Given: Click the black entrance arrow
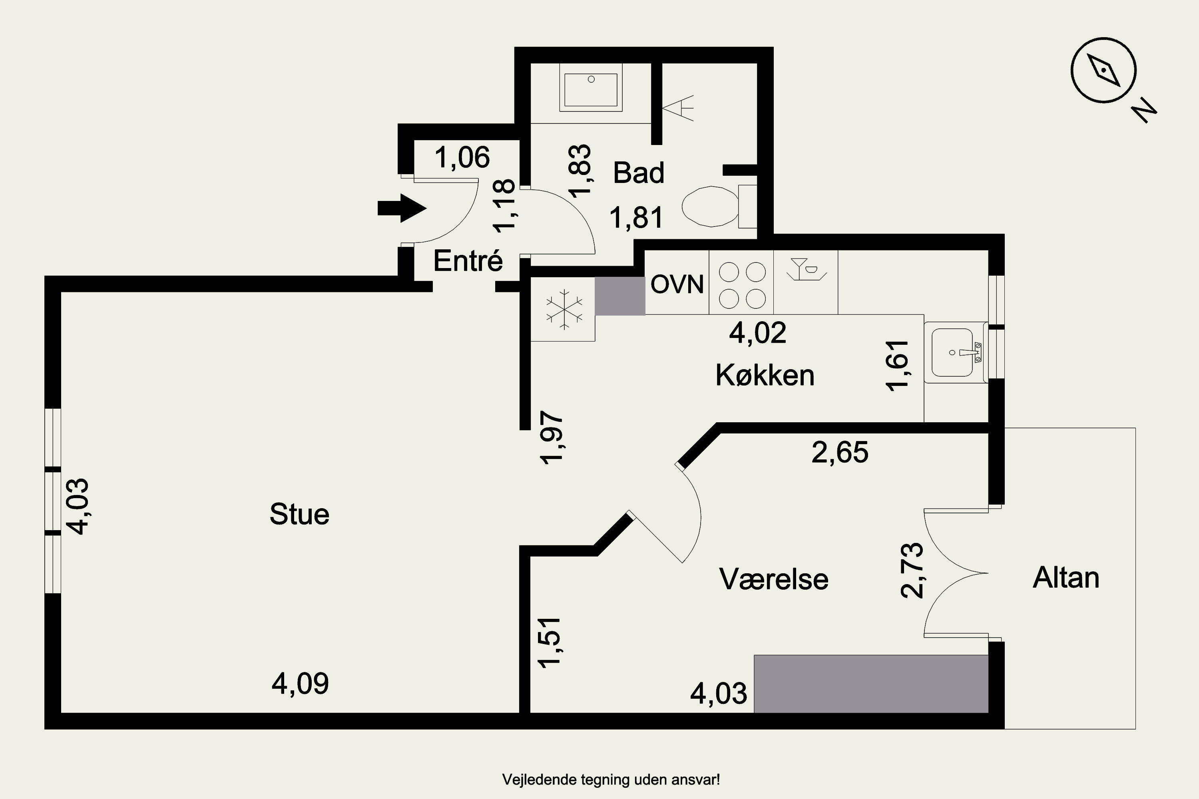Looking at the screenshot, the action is coord(402,208).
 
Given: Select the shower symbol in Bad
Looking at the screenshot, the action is coord(678,107).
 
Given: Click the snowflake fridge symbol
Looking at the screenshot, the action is coord(564,309).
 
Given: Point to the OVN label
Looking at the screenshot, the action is coord(677,284).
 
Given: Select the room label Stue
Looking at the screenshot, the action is coord(299,514).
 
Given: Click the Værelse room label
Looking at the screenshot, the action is coord(774,579).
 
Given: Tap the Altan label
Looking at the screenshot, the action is coord(1066,578).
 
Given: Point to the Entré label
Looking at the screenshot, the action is coord(468,260).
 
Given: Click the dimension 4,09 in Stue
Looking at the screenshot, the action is coord(300,684).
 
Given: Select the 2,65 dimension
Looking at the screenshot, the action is coord(840,452).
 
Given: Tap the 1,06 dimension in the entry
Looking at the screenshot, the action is coord(462,157).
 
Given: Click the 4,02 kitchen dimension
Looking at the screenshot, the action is coord(757,333).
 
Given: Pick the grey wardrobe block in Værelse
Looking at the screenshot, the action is coord(871,684).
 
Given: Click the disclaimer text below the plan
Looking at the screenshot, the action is coord(611,780).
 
